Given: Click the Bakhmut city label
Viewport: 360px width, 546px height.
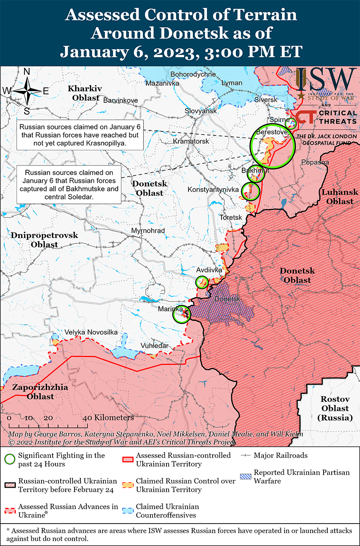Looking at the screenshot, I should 255,170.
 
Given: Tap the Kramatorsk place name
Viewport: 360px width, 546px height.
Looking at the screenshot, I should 191,141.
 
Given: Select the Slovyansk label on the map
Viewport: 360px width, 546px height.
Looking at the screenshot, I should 200,111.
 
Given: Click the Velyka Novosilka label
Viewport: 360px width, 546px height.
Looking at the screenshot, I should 91,332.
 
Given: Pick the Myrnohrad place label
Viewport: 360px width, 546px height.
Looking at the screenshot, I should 148,231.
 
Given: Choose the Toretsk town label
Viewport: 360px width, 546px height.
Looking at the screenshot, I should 230,217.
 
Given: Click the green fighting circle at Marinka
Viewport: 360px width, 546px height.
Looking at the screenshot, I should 182,314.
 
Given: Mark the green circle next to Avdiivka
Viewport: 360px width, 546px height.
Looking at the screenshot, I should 202,282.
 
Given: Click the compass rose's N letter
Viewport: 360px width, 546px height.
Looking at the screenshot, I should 26,72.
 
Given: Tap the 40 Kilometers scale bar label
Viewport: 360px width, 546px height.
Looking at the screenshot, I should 108,417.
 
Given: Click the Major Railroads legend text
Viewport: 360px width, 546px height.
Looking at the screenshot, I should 280,455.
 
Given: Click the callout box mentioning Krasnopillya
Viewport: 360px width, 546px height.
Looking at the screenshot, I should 80,135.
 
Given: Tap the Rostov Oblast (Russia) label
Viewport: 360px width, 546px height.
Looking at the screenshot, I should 335,408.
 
